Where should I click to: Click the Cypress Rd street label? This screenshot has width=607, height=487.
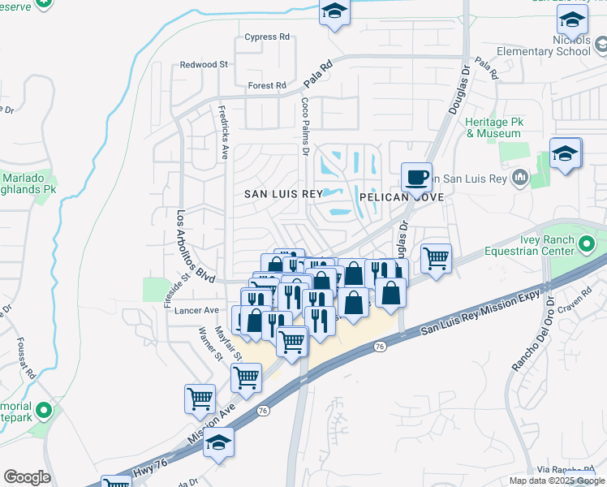tap(268, 37)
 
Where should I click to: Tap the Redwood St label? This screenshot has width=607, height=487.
tap(204, 64)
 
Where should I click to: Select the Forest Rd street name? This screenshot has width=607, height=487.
tap(267, 85)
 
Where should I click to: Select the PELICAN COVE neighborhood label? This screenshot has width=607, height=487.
tap(394, 196)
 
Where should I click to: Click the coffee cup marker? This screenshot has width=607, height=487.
tap(416, 176)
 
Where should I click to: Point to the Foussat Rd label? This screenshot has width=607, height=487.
tap(24, 358)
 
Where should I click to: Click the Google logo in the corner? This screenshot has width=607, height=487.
tap(27, 476)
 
